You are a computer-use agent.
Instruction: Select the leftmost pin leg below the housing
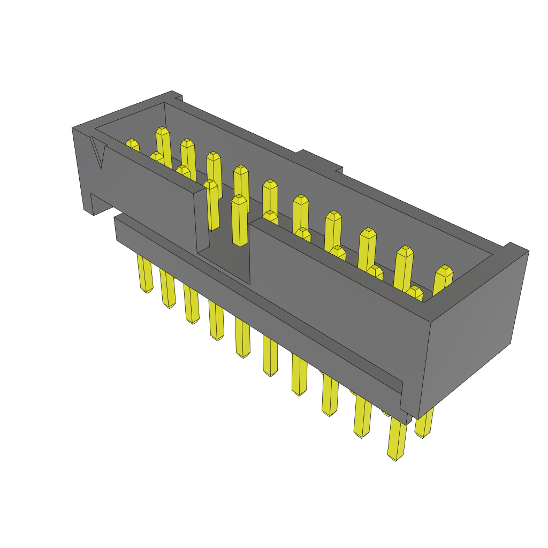tap(144, 273)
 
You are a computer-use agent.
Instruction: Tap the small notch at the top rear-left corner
tap(178, 97)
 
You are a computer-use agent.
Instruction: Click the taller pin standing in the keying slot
tap(239, 219)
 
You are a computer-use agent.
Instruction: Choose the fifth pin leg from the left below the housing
tap(242, 337)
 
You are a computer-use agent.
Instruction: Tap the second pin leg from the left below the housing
tap(168, 289)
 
